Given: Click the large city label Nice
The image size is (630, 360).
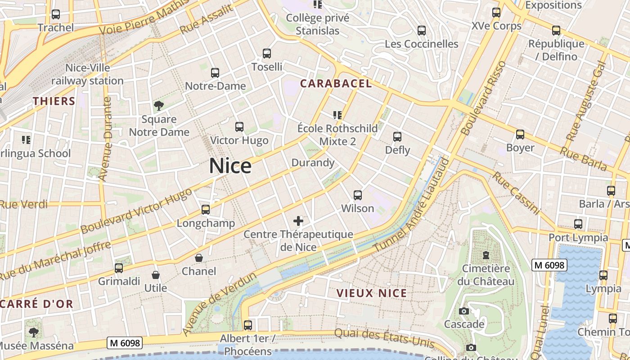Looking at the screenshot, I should point(230,166).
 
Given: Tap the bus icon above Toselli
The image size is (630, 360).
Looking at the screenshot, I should point(267,54).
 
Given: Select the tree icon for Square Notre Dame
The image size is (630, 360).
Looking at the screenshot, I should point(158,106).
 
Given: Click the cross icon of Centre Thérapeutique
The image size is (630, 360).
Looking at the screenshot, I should point(298,220).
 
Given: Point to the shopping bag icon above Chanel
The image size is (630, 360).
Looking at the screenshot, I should point(198,258).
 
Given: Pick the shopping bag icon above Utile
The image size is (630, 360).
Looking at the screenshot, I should point(156,274).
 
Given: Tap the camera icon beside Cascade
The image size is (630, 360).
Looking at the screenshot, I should point(463,311).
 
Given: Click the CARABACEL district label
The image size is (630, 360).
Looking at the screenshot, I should point(336,83).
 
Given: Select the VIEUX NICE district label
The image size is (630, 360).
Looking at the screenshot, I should point(372,293).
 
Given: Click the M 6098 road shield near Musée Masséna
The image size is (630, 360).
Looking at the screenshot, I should point(125,343).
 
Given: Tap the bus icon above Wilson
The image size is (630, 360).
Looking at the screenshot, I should point(358,195).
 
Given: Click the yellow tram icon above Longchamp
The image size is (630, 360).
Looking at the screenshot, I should point(206,210).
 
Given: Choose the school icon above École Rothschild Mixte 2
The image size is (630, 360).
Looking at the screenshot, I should point(337,115).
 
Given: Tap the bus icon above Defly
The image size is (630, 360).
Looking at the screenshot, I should point(397,137).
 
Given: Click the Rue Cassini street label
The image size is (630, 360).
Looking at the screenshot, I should point(516,193).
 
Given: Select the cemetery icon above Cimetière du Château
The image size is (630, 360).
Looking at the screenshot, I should point(486,255).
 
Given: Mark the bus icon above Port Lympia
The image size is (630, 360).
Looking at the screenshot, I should point(578,224).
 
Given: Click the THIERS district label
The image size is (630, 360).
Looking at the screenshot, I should point(54,101).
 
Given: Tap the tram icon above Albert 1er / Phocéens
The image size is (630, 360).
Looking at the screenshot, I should point(247,325).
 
